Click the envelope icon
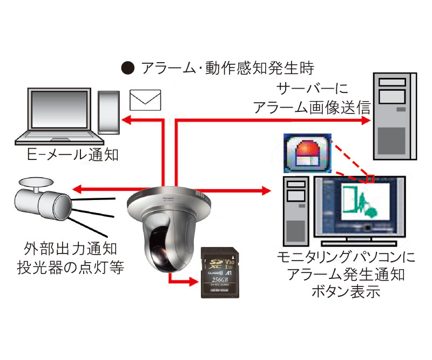point(146,99)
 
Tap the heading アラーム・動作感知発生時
point(227,69)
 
